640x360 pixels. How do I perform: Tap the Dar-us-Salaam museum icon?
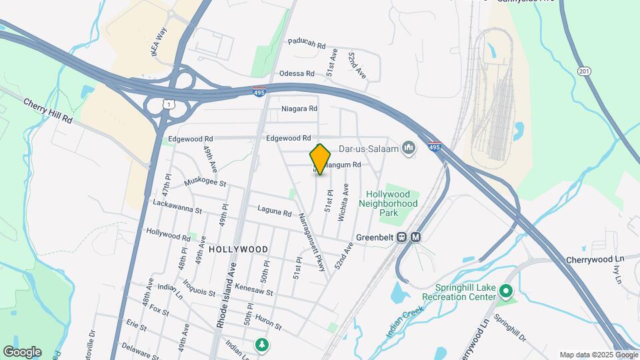(x=409, y=148)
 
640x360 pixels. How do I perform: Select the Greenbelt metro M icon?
(x=416, y=237)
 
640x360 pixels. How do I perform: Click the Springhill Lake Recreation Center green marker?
(x=506, y=291)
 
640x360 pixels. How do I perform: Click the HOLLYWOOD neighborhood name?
(x=238, y=249)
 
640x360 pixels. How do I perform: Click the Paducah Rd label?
(x=307, y=44)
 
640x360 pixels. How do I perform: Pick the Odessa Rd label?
(x=297, y=73)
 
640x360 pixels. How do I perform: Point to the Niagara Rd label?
(x=299, y=108)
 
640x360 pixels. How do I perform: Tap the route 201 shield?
(x=585, y=71)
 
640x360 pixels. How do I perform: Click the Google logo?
(x=22, y=351)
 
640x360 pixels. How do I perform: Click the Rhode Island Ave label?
(x=226, y=297)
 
